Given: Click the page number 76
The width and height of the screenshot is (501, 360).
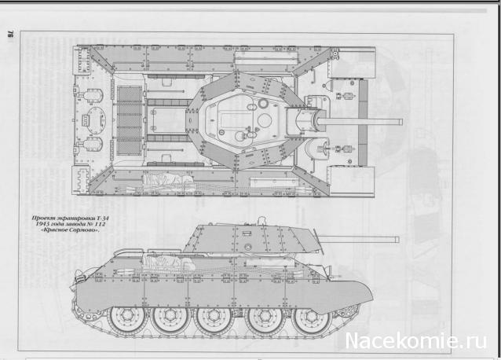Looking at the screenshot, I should click(11, 31).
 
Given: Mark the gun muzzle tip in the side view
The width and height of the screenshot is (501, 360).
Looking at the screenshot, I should click(397, 238).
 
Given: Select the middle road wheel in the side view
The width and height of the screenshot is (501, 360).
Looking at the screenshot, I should click(214, 319).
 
